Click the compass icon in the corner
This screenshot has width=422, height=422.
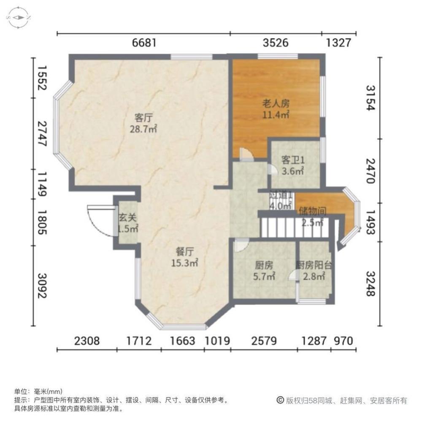pyautogui.click(x=19, y=18)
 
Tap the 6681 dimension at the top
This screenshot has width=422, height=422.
pyautogui.click(x=144, y=43)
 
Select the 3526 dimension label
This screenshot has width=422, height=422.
pyautogui.click(x=276, y=43)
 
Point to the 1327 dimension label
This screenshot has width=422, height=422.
pyautogui.click(x=338, y=43)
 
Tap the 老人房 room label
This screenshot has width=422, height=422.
pyautogui.click(x=276, y=103)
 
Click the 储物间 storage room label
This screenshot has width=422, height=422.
pyautogui.click(x=312, y=210)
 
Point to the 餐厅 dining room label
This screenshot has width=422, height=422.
pyautogui.click(x=184, y=252)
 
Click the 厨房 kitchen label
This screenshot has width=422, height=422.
pyautogui.click(x=264, y=266)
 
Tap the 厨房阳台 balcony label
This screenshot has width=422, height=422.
pyautogui.click(x=314, y=266)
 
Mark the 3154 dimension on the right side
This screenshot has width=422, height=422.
pyautogui.click(x=370, y=98)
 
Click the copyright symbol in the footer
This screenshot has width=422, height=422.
pyautogui.click(x=280, y=400)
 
